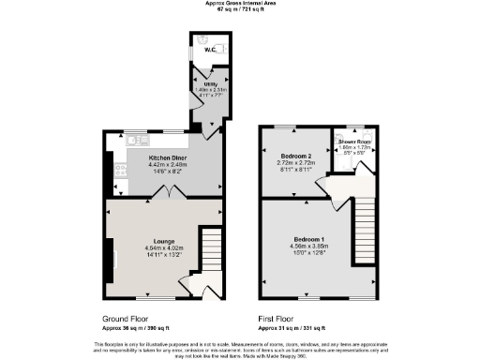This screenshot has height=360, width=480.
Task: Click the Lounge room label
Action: click(x=155, y=241)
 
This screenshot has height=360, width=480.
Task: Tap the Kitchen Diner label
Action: click(x=168, y=157)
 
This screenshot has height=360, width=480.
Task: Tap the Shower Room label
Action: click(x=354, y=142)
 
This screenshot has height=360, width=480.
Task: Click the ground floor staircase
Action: click(x=210, y=251)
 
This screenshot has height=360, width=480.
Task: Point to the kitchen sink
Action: click(x=134, y=140)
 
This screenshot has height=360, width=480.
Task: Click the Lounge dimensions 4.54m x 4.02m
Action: click(x=155, y=247)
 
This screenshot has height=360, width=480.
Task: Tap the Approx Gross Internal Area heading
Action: click(x=240, y=4)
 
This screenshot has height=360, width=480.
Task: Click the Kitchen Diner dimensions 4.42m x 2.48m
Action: click(x=168, y=164)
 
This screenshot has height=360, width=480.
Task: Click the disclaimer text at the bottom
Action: click(x=240, y=348)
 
